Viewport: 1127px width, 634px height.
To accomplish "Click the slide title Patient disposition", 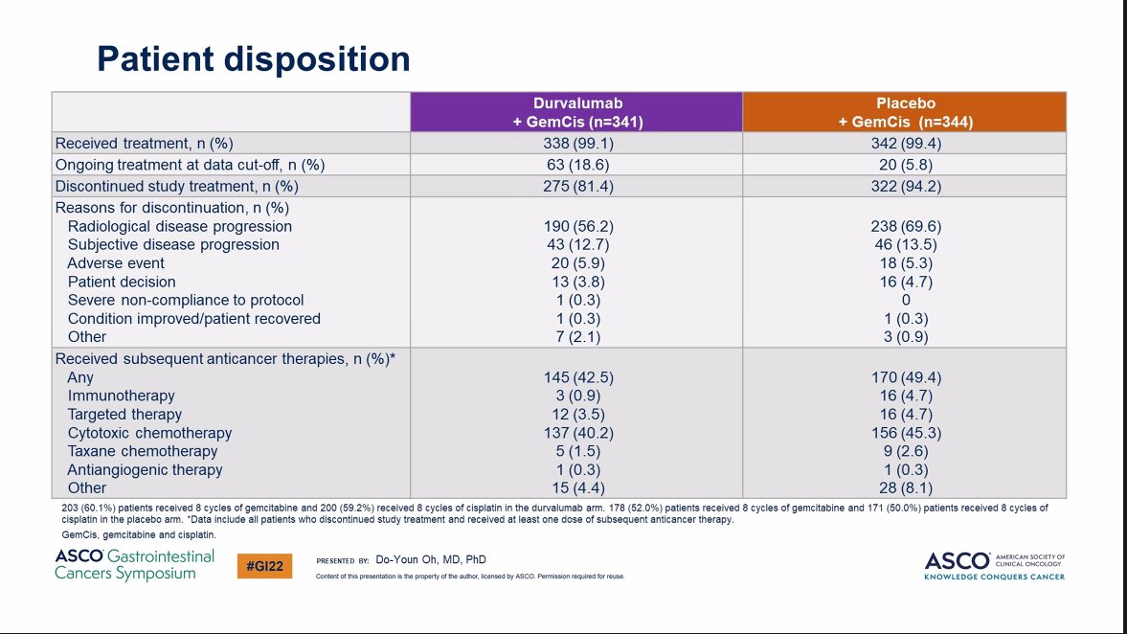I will tap(254, 59).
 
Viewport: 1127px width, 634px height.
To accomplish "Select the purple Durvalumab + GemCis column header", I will tap(575, 112).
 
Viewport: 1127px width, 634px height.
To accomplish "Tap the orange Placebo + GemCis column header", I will tap(905, 112).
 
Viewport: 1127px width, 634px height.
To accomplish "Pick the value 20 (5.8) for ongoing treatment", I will tap(905, 165).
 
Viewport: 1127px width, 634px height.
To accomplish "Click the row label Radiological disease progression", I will tap(180, 227).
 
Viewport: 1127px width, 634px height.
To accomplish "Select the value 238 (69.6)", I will tap(905, 227).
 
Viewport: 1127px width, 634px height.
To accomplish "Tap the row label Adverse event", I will tap(116, 263).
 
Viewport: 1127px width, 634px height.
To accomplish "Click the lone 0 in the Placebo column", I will tap(905, 300).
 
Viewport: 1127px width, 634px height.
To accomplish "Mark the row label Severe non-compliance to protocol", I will tap(186, 300).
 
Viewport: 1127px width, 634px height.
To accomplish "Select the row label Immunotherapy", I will tap(122, 396).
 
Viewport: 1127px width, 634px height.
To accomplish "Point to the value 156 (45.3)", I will tap(905, 433).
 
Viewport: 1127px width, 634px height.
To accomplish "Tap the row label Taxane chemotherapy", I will tap(143, 451).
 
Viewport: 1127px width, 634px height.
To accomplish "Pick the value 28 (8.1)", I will tap(905, 487).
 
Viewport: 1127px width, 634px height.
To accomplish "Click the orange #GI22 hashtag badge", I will tap(264, 566).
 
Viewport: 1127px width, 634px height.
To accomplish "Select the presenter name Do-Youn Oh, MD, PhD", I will tap(436, 559).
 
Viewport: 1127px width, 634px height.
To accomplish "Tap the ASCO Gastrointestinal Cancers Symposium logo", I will tap(134, 565).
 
